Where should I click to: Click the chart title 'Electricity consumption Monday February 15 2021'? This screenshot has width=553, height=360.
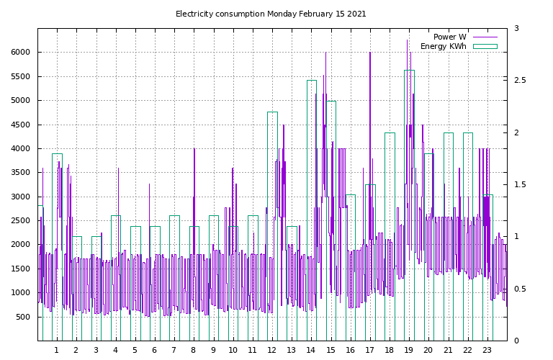coord(271,14)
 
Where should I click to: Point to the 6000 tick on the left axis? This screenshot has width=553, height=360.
coord(20,53)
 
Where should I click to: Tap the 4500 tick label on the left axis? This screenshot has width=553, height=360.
coord(20,125)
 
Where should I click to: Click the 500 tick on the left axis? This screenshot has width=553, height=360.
coord(23,317)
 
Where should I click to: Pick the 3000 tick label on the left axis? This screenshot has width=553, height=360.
coord(20,197)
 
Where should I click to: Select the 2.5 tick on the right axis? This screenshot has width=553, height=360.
coord(519,80)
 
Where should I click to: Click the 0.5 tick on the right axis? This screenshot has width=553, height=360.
coord(519,289)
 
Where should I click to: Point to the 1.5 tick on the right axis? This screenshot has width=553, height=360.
coord(519,184)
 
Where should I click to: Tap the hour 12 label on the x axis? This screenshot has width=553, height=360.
coord(272,350)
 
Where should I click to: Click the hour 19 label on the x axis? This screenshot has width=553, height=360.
coord(409,350)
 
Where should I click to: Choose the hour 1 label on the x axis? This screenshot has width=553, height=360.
coord(57,350)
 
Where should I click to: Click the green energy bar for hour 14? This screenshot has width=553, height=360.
coord(311,209)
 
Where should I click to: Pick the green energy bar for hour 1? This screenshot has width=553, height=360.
coord(57,245)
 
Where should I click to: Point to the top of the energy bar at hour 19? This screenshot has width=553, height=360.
coord(409,71)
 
